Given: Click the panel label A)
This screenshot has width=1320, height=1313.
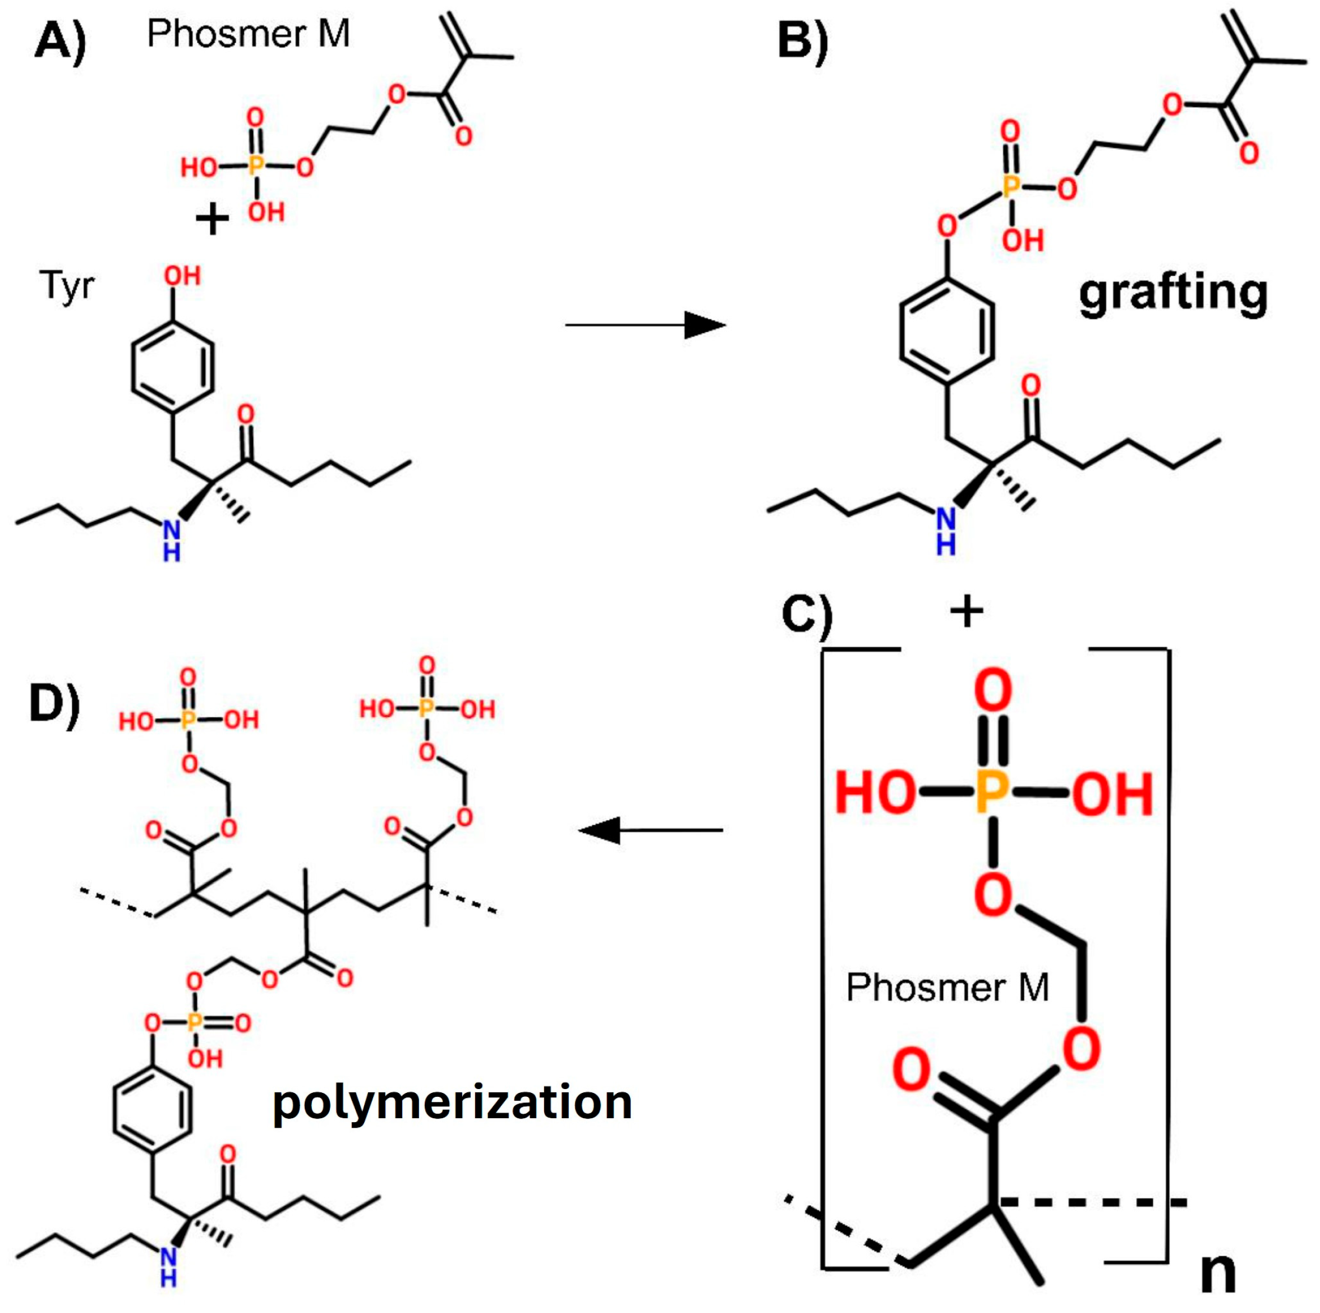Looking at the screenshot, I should click(60, 42).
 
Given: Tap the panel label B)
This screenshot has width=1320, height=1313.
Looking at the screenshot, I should click(802, 42).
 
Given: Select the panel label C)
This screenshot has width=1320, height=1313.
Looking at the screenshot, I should click(806, 616).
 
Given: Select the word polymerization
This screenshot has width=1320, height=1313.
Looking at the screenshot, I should click(452, 1102).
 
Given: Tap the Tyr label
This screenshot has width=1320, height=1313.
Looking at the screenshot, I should click(66, 286).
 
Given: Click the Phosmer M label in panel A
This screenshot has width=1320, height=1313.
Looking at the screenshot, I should click(248, 33).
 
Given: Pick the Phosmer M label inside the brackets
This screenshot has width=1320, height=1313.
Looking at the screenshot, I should click(947, 987).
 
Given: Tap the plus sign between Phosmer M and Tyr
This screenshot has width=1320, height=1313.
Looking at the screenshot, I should click(212, 220).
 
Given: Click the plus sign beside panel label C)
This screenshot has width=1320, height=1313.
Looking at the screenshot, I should click(966, 612).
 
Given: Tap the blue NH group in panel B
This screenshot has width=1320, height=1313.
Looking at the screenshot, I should click(946, 531).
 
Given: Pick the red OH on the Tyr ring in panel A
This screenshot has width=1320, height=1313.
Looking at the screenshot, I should click(182, 276).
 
